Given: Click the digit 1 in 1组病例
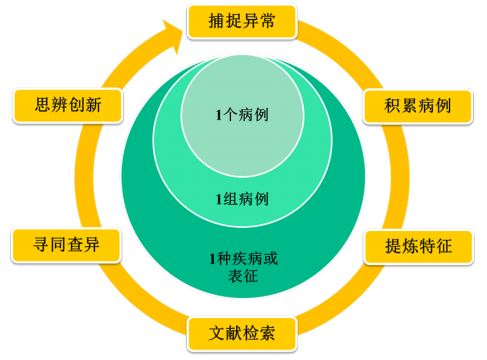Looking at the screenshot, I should [220, 197].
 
